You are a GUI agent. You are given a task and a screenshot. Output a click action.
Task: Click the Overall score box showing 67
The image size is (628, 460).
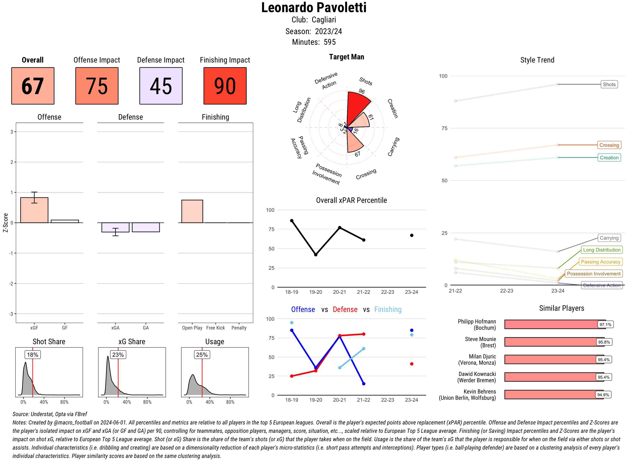[x=33, y=86]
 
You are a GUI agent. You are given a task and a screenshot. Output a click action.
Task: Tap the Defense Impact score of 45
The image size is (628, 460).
[x=161, y=86]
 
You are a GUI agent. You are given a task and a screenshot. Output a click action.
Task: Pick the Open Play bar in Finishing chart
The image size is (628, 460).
[x=192, y=211]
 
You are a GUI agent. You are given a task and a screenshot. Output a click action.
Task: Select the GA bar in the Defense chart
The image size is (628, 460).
[x=146, y=227]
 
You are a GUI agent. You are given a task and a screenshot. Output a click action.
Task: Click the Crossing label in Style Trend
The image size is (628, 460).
[x=609, y=145]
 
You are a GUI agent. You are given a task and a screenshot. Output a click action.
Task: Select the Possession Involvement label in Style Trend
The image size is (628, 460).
[x=593, y=274]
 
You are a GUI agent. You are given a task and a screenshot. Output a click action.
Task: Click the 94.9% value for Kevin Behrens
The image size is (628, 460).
[x=603, y=395]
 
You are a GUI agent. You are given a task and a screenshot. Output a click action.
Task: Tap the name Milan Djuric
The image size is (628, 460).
[x=482, y=356]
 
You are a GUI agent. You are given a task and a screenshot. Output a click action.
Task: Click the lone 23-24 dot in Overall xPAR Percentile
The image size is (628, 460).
[x=412, y=235]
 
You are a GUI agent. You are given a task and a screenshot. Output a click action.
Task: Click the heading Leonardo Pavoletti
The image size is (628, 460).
[x=314, y=8]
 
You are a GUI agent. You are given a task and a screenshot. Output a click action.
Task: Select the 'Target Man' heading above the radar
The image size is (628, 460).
[x=346, y=57]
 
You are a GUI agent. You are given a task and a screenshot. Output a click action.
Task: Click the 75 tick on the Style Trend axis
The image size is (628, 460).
[x=444, y=128]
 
